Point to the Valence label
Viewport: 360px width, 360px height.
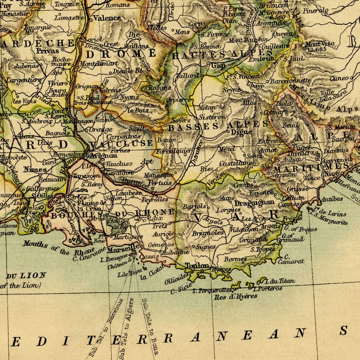coord(107,18)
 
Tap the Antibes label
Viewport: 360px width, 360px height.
coord(331,199)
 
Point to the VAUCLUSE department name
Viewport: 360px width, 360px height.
coord(121,143)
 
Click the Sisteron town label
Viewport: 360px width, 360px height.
coord(213,117)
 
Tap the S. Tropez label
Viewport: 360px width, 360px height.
coord(263,249)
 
